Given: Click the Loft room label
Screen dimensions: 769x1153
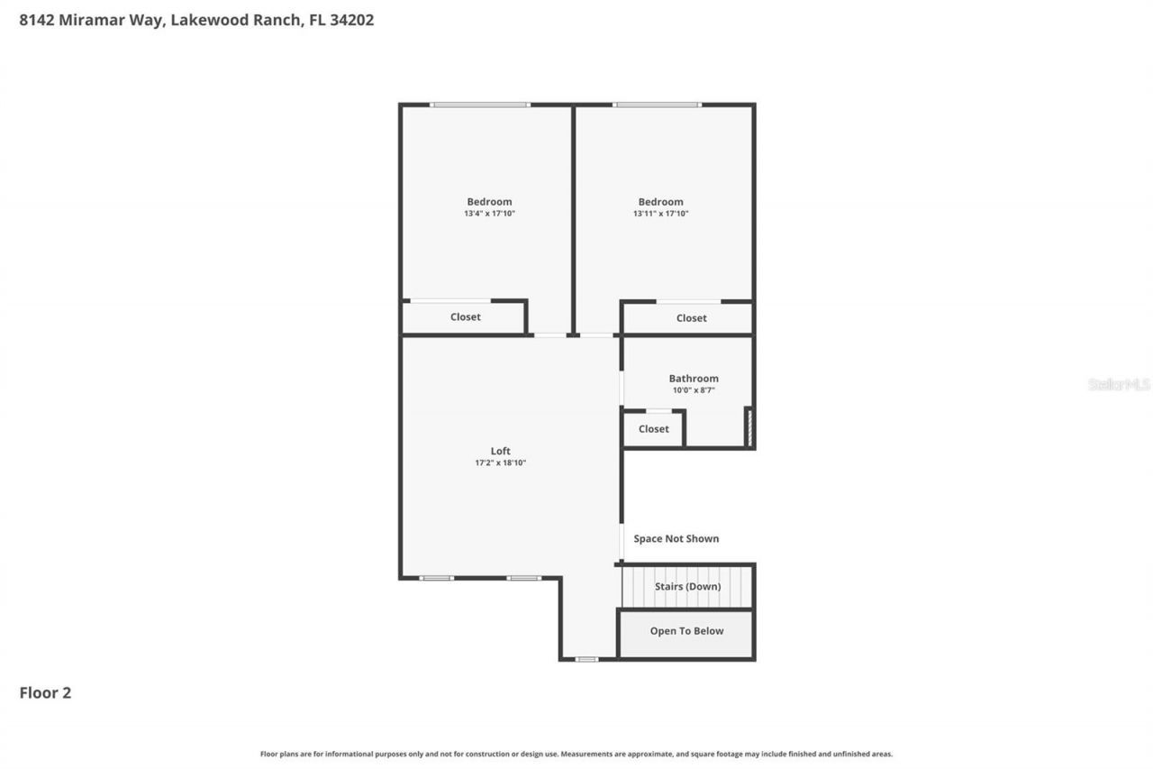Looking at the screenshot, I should coord(501,451).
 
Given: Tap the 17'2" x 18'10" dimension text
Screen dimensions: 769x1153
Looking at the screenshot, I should coord(501,462).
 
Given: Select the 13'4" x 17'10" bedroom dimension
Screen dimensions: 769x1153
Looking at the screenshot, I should coord(489,214).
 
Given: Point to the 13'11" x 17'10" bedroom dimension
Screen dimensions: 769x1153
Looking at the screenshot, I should coord(660,214).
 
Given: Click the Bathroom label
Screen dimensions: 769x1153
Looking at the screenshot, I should coord(694,379).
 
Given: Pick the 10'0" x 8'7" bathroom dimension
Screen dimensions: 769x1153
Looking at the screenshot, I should coord(694,390).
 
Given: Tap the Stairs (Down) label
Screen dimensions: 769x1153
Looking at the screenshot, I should coord(687,586).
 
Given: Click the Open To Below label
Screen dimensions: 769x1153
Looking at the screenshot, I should coord(686,631).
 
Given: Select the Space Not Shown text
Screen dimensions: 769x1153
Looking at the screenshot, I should coord(676,538).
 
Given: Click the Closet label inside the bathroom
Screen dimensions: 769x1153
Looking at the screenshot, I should coord(653,429).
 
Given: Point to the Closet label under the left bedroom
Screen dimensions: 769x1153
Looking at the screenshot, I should coord(466,317).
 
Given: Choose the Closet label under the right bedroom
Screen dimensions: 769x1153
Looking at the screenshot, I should coord(691,318).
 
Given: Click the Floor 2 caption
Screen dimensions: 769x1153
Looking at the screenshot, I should coord(45,692).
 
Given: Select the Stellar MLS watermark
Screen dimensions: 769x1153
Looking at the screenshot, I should coord(1119,384).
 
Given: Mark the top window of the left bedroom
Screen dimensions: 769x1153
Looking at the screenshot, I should coord(479,105).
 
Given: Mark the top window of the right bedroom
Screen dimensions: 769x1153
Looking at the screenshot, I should coord(657,105).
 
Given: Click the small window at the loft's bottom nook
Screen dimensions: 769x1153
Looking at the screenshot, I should coord(586,659).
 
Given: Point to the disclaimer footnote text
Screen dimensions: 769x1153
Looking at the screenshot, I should coord(576,754).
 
